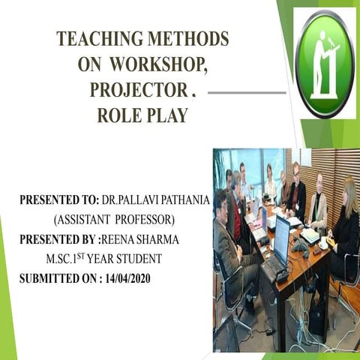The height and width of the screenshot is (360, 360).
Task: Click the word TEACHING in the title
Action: tap(95, 39)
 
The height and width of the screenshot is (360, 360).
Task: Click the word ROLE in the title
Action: tap(119, 115)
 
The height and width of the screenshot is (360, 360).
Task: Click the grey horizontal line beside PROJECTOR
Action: tap(245, 93)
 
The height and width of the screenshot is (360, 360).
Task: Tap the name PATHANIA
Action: tap(174, 202)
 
